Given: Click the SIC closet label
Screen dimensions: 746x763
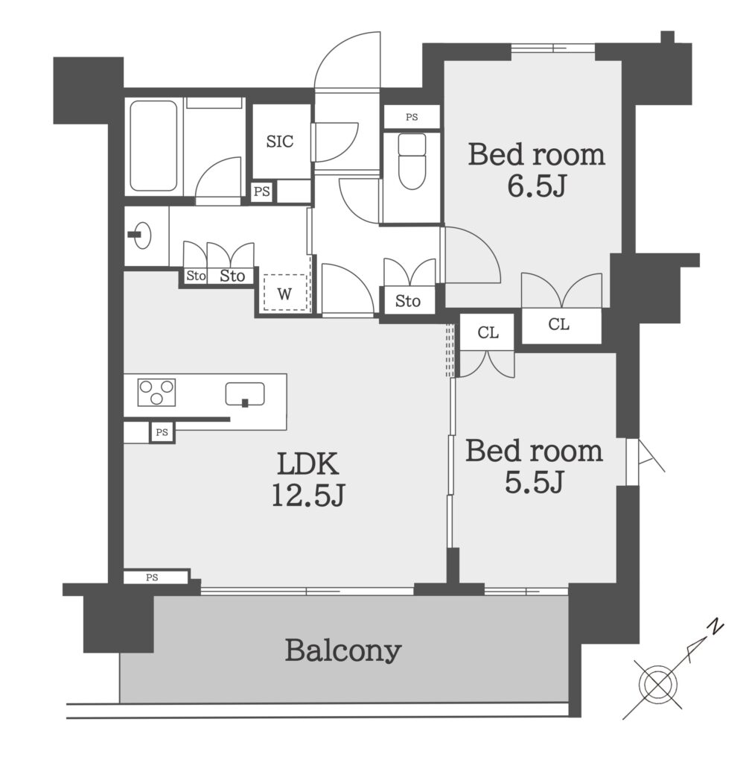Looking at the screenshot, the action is pyautogui.click(x=280, y=142).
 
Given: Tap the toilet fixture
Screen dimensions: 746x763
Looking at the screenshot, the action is pyautogui.click(x=412, y=161).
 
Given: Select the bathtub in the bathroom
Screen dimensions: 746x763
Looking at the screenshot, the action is pyautogui.click(x=153, y=145).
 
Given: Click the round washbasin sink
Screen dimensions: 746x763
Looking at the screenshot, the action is pyautogui.click(x=141, y=235).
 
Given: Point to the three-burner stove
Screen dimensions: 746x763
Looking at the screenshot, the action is pyautogui.click(x=156, y=392).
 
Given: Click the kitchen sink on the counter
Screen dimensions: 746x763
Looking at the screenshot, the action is pyautogui.click(x=245, y=394).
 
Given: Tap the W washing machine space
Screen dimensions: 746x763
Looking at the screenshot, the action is pyautogui.click(x=285, y=294).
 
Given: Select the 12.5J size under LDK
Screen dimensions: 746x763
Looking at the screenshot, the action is pyautogui.click(x=307, y=496).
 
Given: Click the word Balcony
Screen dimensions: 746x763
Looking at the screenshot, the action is pyautogui.click(x=343, y=650).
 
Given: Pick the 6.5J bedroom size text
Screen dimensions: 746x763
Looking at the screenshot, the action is pyautogui.click(x=536, y=186).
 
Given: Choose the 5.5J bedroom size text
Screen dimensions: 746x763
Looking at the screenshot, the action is pyautogui.click(x=534, y=482).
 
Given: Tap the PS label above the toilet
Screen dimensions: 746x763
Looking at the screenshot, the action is pyautogui.click(x=412, y=117).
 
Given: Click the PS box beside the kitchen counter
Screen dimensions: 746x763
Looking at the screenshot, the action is pyautogui.click(x=162, y=432).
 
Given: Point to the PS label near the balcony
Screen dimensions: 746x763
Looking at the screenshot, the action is pyautogui.click(x=152, y=577).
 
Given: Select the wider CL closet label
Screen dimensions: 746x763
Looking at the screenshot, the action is pyautogui.click(x=559, y=325).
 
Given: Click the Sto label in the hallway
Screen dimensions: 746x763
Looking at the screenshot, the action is pyautogui.click(x=407, y=301).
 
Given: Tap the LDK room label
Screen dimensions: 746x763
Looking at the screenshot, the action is pyautogui.click(x=307, y=463).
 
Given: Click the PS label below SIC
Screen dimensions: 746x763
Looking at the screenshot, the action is pyautogui.click(x=262, y=191).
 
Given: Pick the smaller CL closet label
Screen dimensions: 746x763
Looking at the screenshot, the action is pyautogui.click(x=488, y=332).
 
